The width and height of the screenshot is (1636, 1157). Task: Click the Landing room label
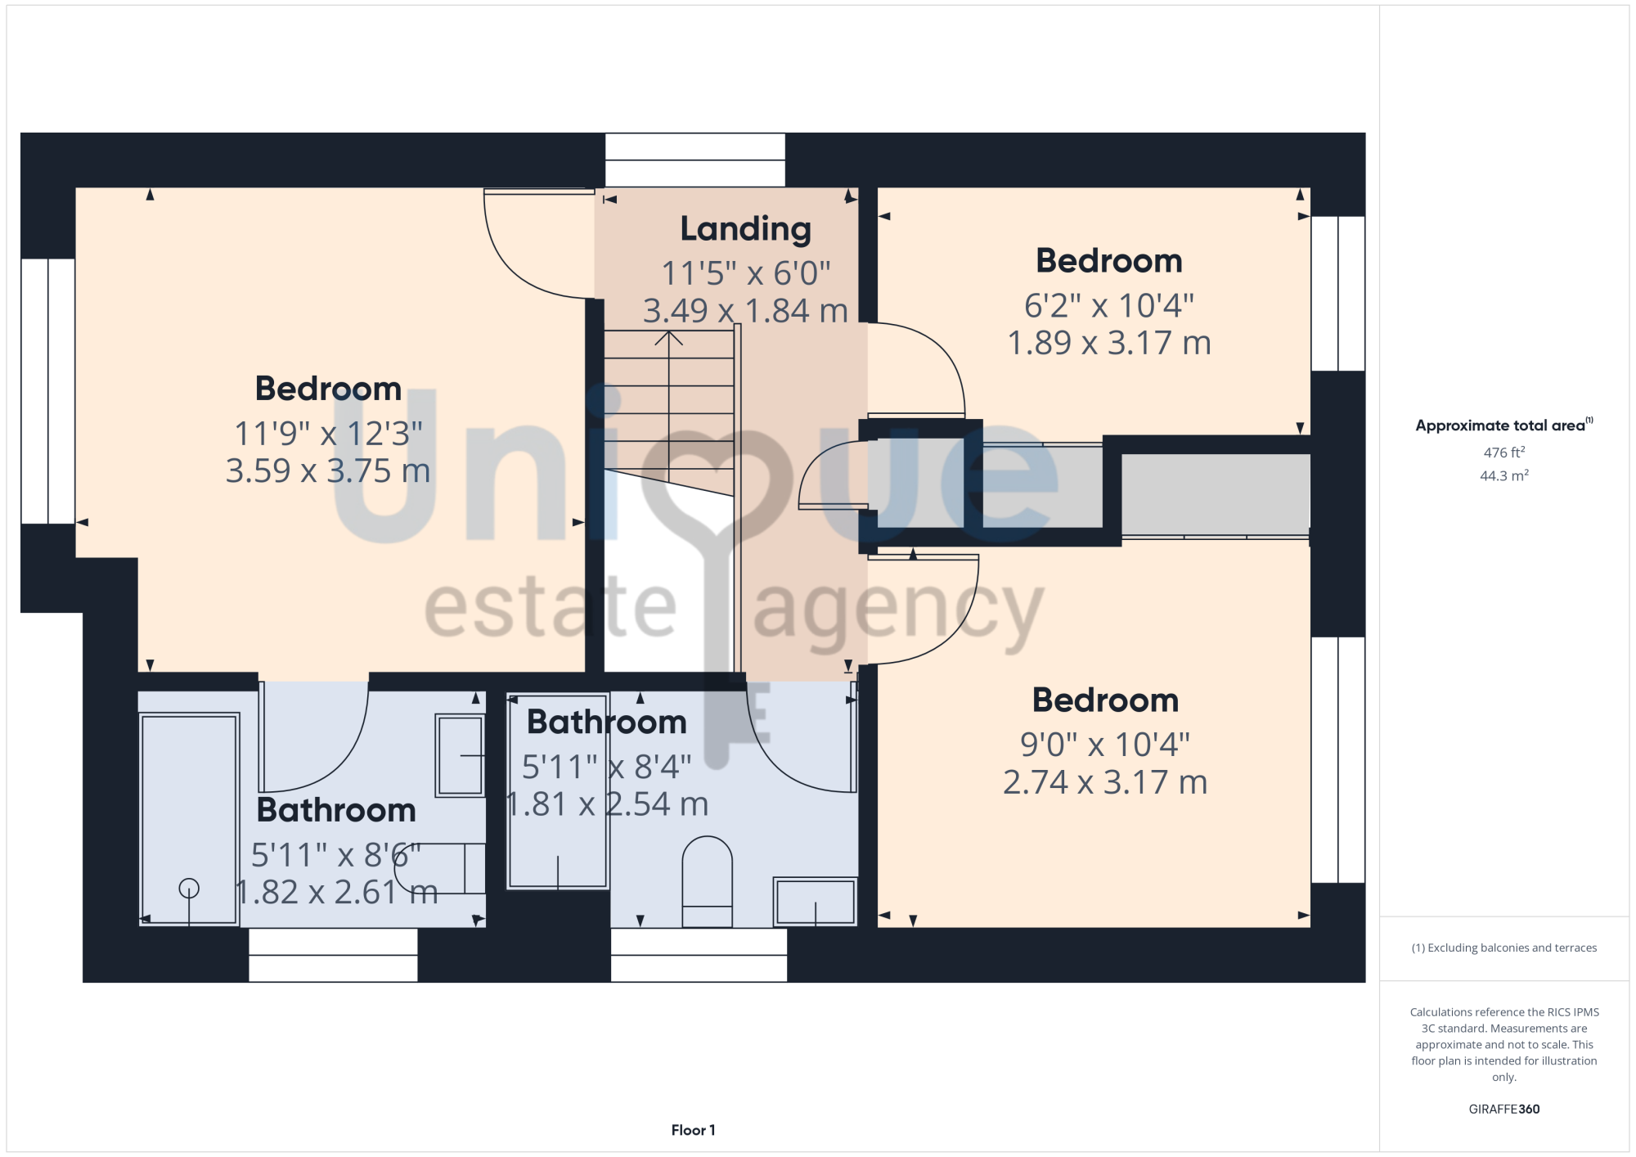[745, 229]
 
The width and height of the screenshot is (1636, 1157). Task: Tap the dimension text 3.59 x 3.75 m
[328, 470]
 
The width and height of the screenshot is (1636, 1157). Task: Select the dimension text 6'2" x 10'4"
[1109, 305]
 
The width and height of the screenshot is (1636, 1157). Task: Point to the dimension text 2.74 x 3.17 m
[1105, 782]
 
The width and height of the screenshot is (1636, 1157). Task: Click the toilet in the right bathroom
[707, 881]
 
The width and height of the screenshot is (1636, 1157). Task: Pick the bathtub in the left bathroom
[189, 818]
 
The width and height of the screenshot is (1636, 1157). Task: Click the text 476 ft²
[1504, 452]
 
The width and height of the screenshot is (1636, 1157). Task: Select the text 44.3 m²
[1504, 475]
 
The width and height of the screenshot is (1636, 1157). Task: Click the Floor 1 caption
[694, 1130]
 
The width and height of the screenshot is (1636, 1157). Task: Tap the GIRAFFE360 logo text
[1504, 1110]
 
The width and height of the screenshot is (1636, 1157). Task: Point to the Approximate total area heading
[1504, 425]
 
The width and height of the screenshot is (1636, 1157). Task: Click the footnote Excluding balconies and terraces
[1504, 948]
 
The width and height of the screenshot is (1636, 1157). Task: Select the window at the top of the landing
[695, 160]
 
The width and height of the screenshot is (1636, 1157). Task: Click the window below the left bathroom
[333, 955]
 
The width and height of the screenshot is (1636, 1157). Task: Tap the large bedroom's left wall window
[48, 391]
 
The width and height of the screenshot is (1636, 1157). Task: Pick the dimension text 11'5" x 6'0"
[745, 273]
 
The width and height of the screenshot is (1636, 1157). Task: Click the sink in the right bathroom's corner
[816, 902]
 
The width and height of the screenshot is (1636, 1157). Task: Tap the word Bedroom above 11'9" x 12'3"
[328, 389]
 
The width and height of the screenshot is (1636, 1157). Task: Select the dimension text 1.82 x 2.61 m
[336, 892]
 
